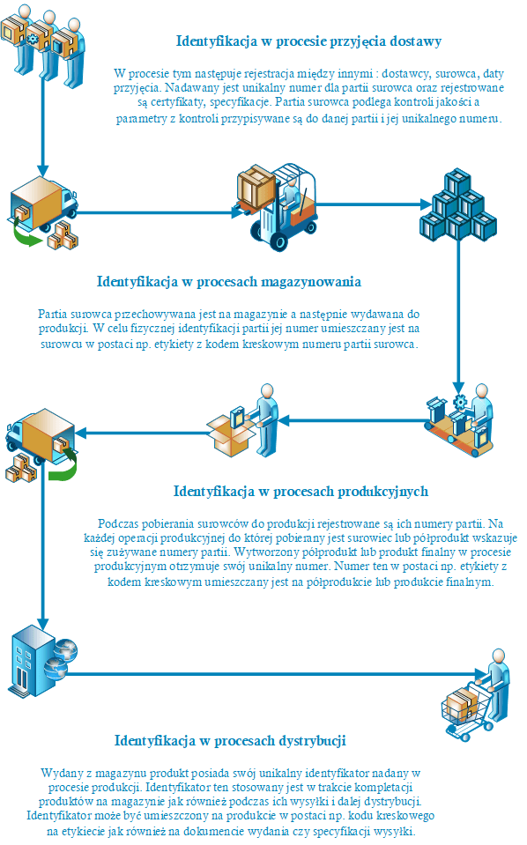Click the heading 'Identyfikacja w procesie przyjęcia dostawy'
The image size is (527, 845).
point(308,41)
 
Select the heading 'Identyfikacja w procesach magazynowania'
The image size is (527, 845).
point(229,282)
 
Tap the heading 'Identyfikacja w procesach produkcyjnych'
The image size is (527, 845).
point(301,492)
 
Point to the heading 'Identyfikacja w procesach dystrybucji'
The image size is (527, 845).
point(230,741)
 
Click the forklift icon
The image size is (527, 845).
point(276,207)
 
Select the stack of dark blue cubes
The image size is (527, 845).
point(458,205)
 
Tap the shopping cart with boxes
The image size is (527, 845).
point(475,695)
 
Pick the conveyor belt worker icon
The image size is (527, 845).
point(459,420)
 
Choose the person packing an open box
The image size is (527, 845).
point(242,420)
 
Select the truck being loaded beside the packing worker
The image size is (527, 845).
point(41,445)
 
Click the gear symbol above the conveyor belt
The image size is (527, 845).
point(460,402)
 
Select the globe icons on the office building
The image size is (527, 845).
point(60,658)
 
